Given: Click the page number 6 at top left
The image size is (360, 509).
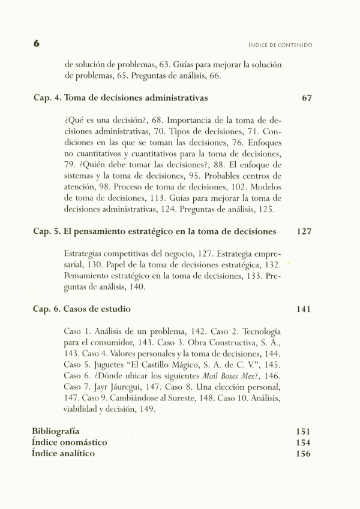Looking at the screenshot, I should coord(37,44).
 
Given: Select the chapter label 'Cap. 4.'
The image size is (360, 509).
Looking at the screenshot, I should coord(46,98).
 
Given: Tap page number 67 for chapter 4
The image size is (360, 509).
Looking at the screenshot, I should coord(307,98).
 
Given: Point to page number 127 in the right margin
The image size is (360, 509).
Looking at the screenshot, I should coord(304,231).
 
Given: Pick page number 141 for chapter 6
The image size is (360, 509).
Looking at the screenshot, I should coord(304,309).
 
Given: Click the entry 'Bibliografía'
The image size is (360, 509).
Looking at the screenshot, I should coord(55,431).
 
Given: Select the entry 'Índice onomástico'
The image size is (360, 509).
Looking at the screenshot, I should coord(69,442).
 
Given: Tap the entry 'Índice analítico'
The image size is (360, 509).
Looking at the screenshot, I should coord(63,453).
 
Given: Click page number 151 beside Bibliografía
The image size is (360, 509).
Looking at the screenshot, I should coord(304,431).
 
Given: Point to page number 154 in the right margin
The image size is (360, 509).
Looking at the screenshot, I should coord(304,442).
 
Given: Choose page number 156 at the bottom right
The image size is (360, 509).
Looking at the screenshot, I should coord(304,453).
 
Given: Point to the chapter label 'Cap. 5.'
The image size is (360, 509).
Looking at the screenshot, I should coord(46,231).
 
